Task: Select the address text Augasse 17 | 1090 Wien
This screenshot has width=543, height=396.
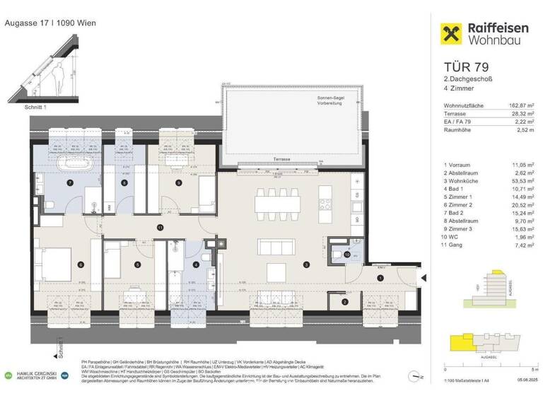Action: coord(50,23)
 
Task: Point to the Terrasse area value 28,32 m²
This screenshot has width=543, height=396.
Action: coord(520,114)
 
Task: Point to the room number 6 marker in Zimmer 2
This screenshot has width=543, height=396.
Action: coord(81,264)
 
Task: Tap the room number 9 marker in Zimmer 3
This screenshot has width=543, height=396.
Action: coord(179,182)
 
